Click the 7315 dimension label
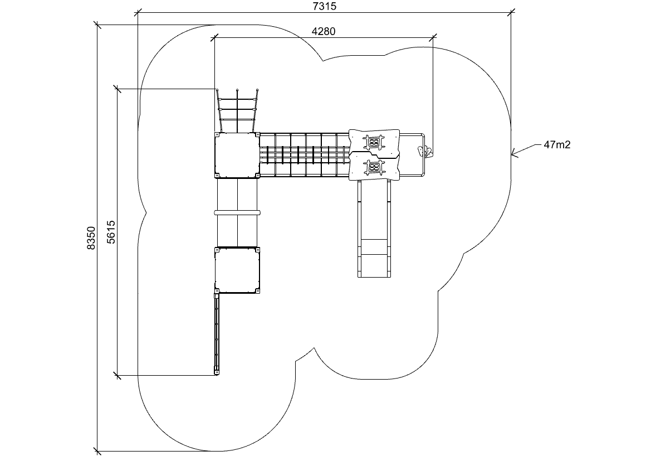[324, 6]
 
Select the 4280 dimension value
[324, 31]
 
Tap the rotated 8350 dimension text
[91, 238]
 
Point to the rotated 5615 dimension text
[111, 231]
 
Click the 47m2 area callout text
[557, 145]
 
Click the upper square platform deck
[237, 155]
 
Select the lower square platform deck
[237, 270]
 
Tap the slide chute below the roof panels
[374, 228]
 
